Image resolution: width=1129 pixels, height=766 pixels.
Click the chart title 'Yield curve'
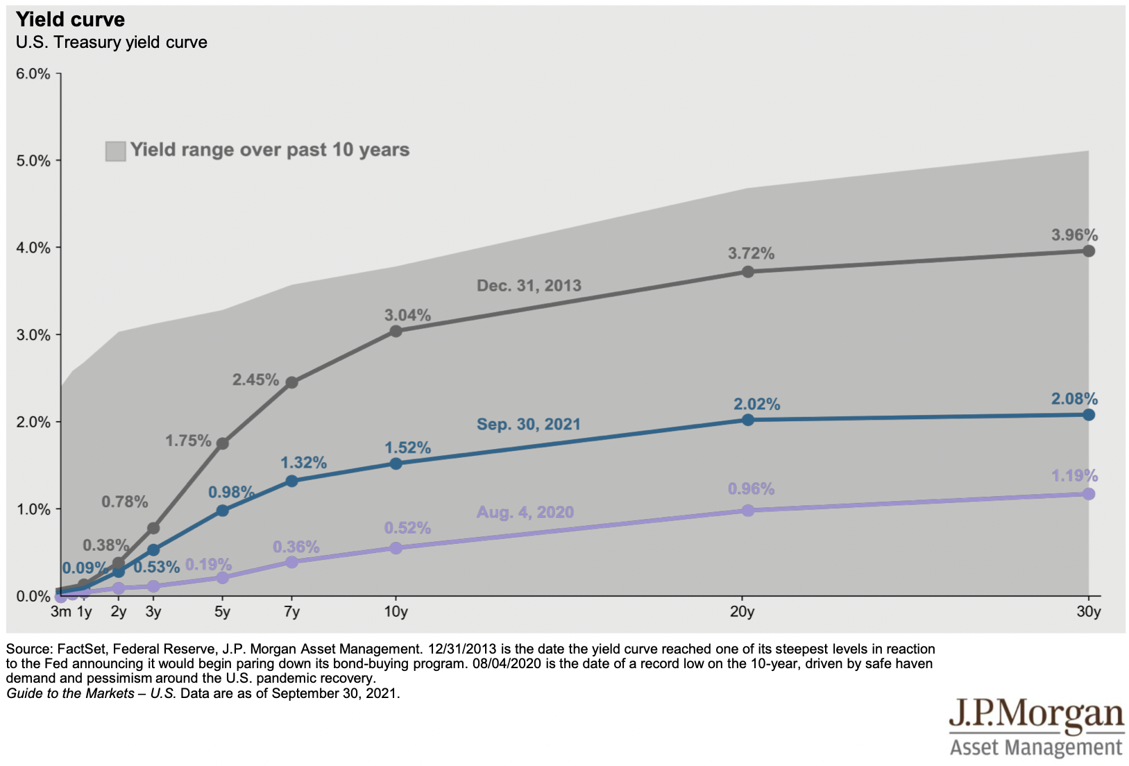70,19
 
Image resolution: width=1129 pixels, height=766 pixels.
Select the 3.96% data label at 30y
1074,235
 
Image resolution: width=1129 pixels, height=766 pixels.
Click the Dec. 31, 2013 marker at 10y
396,331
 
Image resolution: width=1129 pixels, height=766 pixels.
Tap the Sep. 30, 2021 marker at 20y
747,420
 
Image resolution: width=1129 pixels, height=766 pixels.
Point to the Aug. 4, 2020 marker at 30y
1088,494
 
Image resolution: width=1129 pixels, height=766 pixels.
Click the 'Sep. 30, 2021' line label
528,424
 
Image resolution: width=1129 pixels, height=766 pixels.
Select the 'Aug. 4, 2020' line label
525,512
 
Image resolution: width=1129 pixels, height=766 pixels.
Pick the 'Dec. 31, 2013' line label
529,285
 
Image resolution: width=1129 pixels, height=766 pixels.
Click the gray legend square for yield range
115,151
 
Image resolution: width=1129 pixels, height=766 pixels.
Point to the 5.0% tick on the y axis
33,160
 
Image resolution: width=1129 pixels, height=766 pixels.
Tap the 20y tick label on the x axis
742,611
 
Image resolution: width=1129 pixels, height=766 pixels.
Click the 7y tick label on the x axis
291,611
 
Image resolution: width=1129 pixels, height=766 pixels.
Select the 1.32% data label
303,463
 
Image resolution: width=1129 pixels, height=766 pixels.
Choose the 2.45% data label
255,380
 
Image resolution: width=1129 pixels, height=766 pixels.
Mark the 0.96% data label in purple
751,488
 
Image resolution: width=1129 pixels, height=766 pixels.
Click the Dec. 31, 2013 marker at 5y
222,443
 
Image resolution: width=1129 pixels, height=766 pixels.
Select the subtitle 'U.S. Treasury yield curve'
112,42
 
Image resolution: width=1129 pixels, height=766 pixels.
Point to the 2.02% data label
756,404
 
